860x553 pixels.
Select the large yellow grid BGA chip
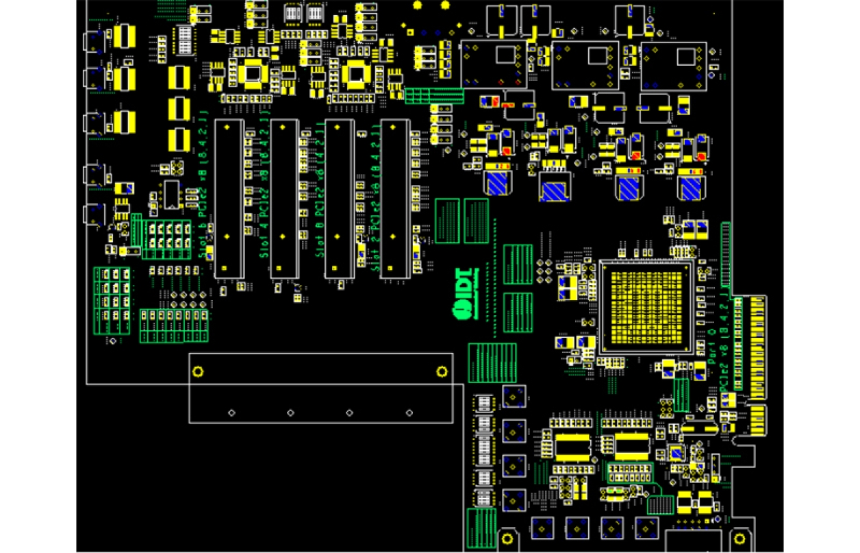click(x=646, y=306)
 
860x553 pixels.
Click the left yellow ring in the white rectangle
click(x=198, y=372)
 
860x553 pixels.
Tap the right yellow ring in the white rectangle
click(x=442, y=372)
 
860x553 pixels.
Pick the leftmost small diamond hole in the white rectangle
click(x=231, y=413)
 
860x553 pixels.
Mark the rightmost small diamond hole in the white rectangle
click(x=409, y=413)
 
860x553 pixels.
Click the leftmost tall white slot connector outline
click(x=229, y=198)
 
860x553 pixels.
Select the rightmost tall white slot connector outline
click(x=395, y=198)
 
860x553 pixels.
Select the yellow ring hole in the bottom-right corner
click(x=740, y=538)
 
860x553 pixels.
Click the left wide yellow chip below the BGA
click(x=574, y=447)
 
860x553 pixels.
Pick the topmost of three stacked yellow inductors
click(x=179, y=79)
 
